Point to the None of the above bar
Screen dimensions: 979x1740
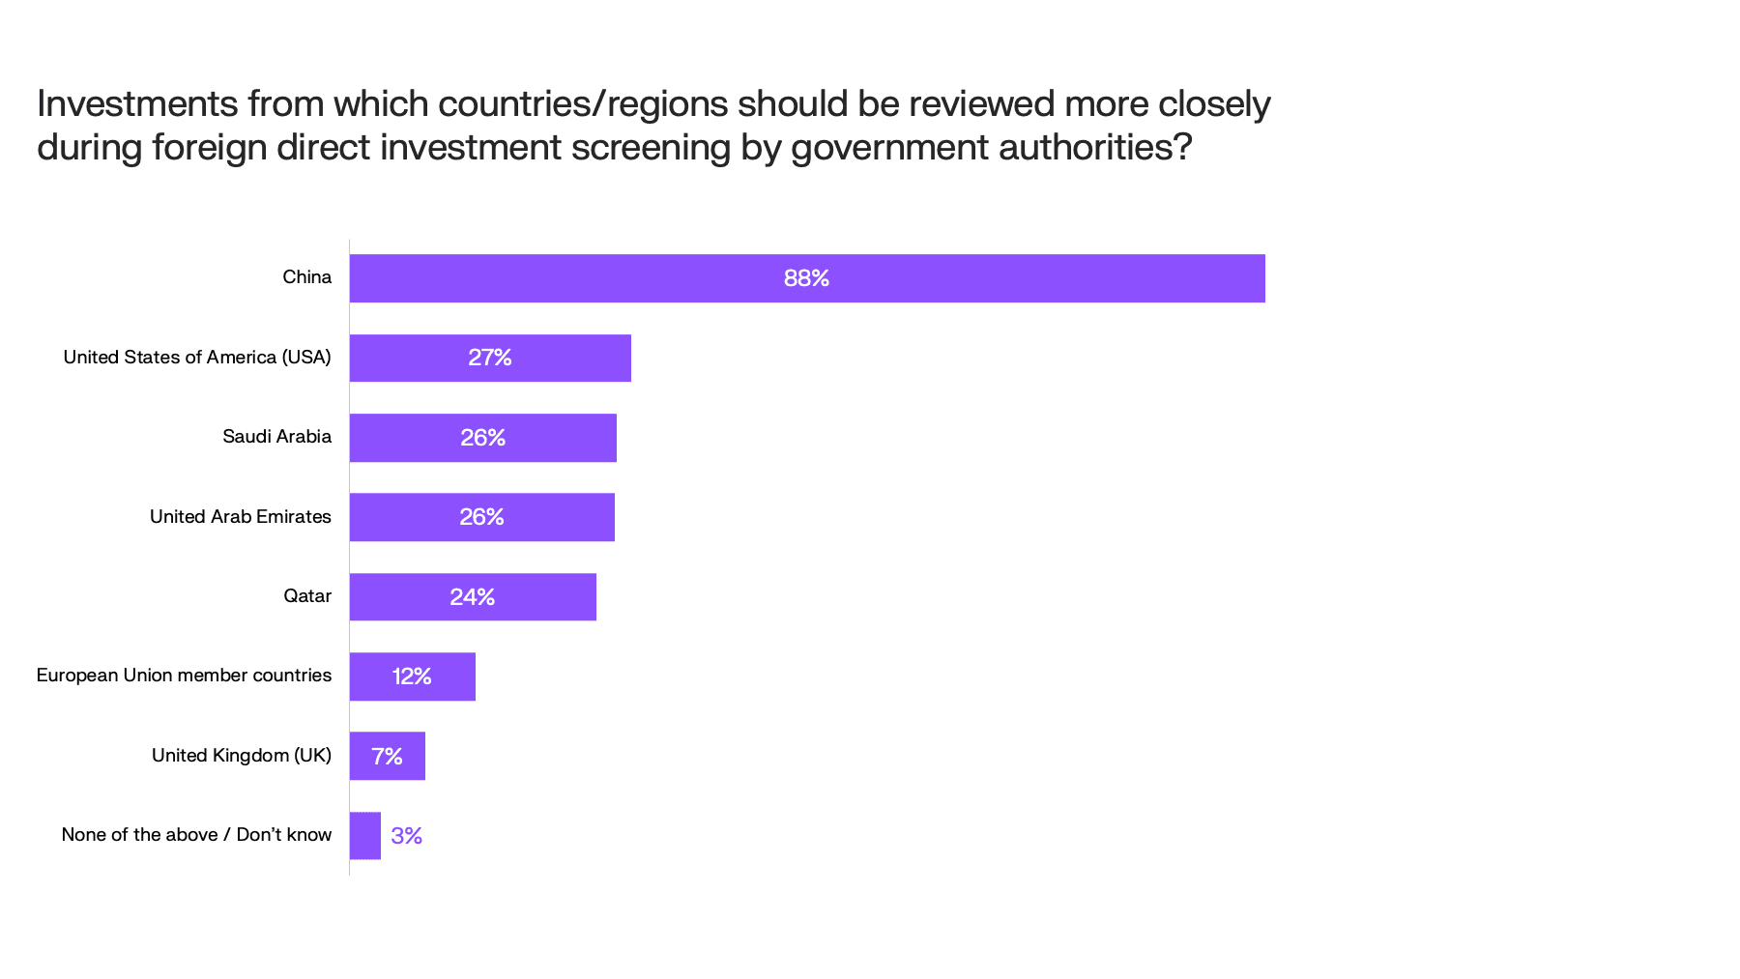coord(365,835)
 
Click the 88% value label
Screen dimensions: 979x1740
coord(806,278)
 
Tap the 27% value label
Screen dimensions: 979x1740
coord(489,358)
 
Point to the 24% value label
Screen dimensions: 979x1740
coord(472,597)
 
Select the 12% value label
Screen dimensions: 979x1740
coord(412,677)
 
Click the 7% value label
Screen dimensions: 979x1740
coord(387,756)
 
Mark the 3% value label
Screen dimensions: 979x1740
coord(406,835)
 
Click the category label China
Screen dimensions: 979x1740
coord(306,277)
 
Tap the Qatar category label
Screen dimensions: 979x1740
coord(306,596)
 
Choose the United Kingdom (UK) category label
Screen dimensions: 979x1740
coord(241,756)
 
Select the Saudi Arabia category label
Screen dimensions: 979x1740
coord(276,437)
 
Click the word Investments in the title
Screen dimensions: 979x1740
coord(137,104)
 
